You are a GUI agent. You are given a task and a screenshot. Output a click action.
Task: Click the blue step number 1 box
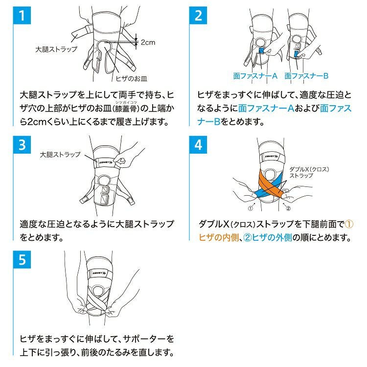(x=22, y=16)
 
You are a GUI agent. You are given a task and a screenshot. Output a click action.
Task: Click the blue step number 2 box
(x=198, y=16)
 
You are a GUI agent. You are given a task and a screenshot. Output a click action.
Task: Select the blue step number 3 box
(x=22, y=145)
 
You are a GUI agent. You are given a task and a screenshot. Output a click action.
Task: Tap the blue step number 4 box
(x=198, y=145)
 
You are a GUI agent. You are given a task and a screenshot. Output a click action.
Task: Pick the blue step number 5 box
(x=22, y=259)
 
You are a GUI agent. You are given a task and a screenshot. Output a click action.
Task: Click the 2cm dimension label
(x=148, y=43)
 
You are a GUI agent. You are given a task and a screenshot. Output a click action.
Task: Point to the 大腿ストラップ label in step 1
(x=56, y=49)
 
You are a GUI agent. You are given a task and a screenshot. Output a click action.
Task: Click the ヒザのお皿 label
(x=132, y=78)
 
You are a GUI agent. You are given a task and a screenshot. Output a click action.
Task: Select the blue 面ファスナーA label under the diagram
(x=255, y=76)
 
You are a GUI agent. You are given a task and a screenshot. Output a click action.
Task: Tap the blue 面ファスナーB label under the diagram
(x=306, y=76)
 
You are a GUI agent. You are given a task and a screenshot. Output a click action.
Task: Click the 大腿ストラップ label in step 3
(x=60, y=155)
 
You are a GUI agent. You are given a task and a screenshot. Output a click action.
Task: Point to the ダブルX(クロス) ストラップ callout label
(x=309, y=172)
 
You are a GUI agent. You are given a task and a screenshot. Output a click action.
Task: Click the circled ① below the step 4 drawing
(x=250, y=208)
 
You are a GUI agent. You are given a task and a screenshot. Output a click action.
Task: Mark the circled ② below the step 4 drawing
(x=288, y=208)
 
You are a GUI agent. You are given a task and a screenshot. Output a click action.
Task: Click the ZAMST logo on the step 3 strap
(x=106, y=162)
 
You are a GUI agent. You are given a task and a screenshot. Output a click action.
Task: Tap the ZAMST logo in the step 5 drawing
(x=99, y=273)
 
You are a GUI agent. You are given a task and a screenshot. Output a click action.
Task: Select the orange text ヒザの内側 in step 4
(x=219, y=237)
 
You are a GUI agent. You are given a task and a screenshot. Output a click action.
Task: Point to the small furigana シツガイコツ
(x=126, y=102)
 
